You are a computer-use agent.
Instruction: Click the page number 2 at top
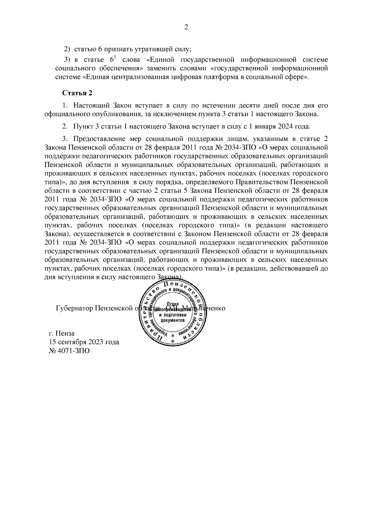tap(186, 28)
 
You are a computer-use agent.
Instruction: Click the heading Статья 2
tap(77, 93)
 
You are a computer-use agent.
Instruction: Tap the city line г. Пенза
tap(62, 334)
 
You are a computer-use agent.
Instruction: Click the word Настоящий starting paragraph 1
tap(90, 106)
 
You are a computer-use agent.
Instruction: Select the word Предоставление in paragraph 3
tap(99, 138)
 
